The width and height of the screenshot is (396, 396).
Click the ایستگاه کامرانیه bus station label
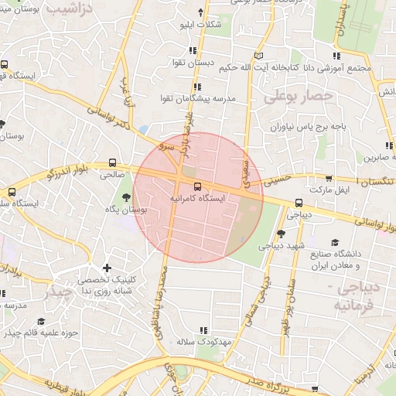pyautogui.click(x=197, y=199)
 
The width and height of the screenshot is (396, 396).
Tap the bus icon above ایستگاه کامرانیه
pyautogui.click(x=197, y=186)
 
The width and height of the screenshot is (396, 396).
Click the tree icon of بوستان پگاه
pyautogui.click(x=127, y=197)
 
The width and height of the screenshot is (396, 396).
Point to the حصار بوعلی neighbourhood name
pyautogui.click(x=297, y=96)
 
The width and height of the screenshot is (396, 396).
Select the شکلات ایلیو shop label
pyautogui.click(x=200, y=25)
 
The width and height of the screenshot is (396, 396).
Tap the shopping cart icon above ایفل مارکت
pyautogui.click(x=330, y=179)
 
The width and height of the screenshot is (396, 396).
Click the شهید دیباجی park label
pyautogui.click(x=278, y=245)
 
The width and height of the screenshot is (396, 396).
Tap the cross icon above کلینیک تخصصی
pyautogui.click(x=107, y=268)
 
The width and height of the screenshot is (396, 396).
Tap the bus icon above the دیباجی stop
pyautogui.click(x=299, y=203)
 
